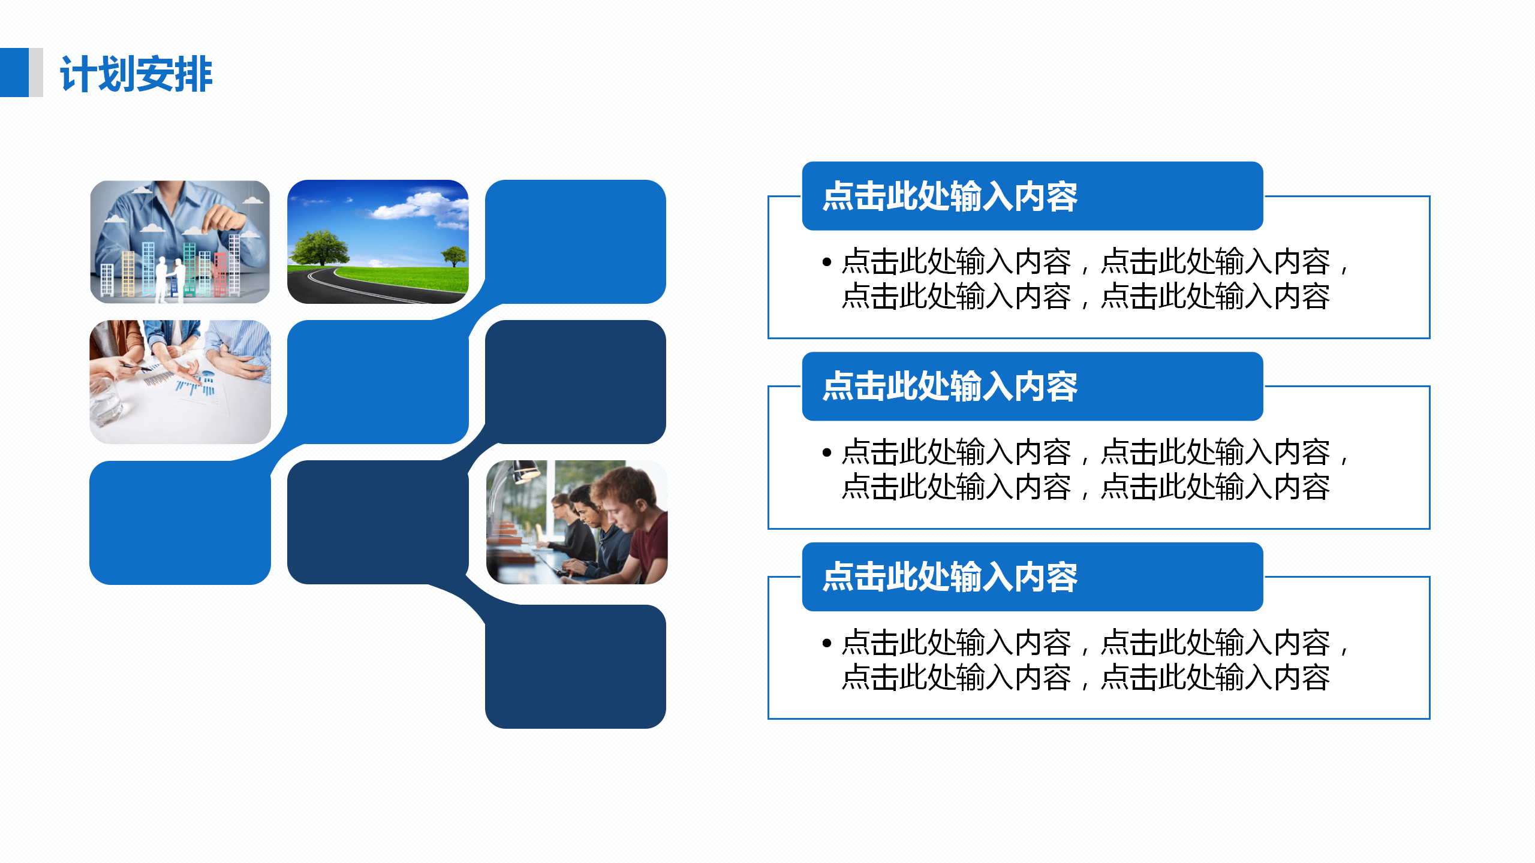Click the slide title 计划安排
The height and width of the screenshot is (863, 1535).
[x=136, y=74]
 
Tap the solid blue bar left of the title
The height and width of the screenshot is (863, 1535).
[x=14, y=73]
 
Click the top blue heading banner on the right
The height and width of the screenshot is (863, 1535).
[x=1033, y=196]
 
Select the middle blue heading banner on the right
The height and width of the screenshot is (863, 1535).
[x=1033, y=387]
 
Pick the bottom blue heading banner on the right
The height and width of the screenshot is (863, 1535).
[x=1033, y=577]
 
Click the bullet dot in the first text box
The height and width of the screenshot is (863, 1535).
[x=827, y=262]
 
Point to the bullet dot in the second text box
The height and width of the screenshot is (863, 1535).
[x=827, y=452]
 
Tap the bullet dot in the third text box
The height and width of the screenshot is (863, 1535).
[x=827, y=643]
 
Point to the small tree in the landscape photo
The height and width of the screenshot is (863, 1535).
[x=454, y=257]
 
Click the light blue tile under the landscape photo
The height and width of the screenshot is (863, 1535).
[x=378, y=382]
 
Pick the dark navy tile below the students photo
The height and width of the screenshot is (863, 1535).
[x=576, y=666]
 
